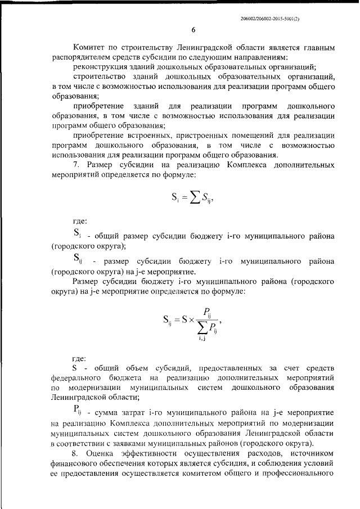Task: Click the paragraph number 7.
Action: (76, 165)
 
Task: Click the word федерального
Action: (75, 378)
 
